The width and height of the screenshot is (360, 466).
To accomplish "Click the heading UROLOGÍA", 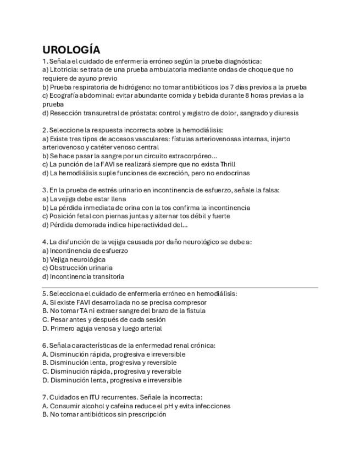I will [x=71, y=50].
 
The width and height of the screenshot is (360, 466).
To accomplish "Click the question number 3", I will [x=45, y=190].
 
